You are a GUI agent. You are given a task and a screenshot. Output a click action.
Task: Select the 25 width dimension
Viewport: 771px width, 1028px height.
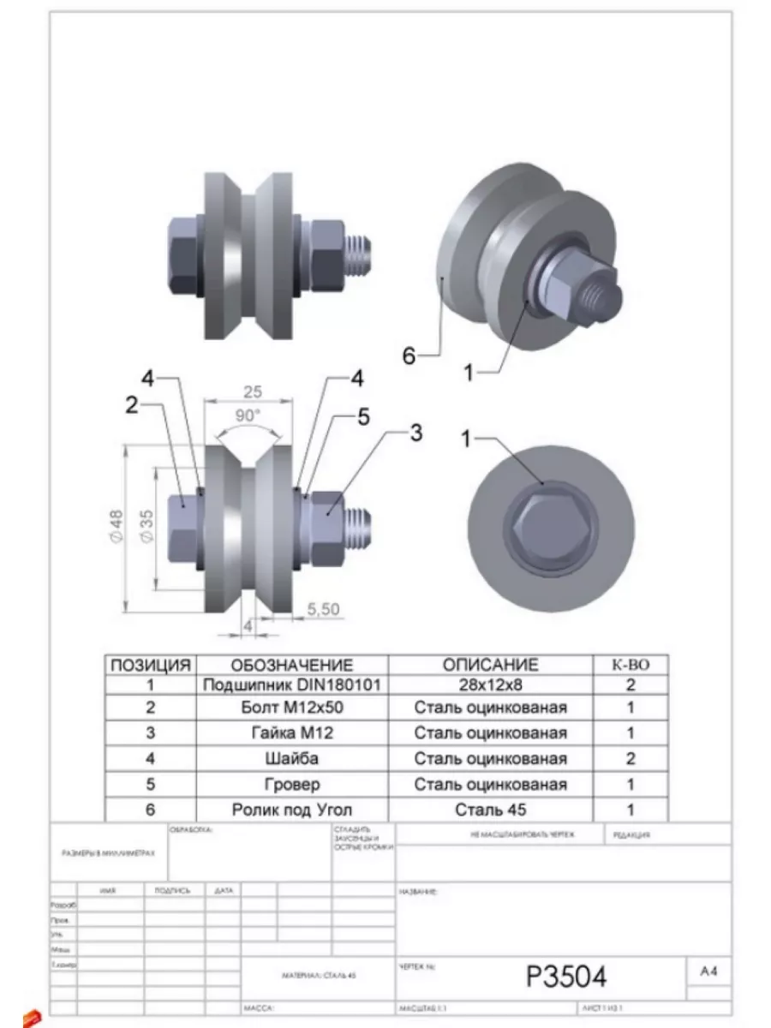click(x=252, y=392)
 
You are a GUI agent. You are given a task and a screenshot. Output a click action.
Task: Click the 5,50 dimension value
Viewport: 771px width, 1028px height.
click(x=323, y=608)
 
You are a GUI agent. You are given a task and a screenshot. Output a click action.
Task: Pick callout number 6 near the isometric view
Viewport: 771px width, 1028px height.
click(x=409, y=355)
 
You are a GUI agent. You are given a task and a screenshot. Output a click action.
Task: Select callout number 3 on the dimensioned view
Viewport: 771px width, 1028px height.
click(x=415, y=433)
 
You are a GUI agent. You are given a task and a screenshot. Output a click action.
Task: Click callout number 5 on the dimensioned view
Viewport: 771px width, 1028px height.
click(x=363, y=417)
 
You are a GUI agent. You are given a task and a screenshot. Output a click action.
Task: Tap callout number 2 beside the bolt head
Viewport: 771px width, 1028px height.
click(x=132, y=405)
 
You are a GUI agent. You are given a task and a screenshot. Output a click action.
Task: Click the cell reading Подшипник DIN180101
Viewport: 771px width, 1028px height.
click(x=292, y=685)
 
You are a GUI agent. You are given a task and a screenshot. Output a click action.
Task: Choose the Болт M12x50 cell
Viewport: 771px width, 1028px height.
click(x=292, y=708)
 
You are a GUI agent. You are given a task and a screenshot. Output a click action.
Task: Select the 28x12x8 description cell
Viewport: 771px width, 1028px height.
click(x=490, y=685)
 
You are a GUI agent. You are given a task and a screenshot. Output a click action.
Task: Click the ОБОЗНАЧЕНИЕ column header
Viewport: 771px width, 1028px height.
click(x=292, y=665)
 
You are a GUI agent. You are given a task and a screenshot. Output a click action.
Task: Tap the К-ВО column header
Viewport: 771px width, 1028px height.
click(x=631, y=665)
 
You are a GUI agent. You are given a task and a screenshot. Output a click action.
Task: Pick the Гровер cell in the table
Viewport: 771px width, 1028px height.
click(x=292, y=785)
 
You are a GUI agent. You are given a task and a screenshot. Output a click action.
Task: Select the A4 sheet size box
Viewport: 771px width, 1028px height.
click(x=708, y=971)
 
